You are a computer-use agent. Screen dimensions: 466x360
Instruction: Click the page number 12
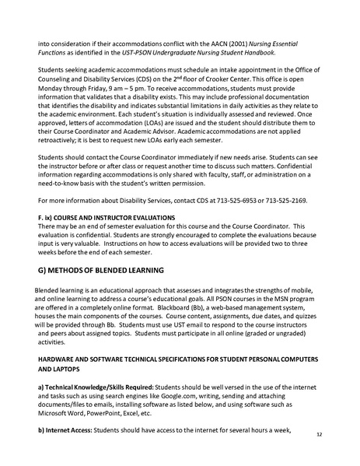(340, 437)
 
